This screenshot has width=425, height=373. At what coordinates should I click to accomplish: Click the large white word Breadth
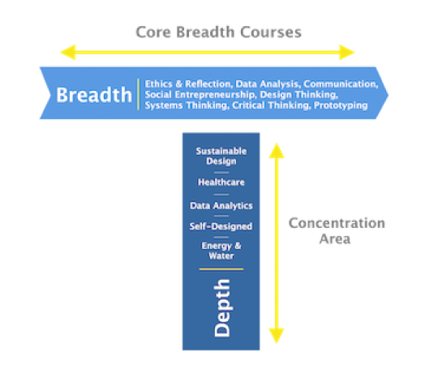coord(94,95)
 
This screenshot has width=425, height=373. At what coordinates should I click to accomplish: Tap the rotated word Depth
coord(222,308)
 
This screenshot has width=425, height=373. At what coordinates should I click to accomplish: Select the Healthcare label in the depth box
coord(221,182)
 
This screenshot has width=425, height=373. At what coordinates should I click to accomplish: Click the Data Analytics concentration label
coord(221,206)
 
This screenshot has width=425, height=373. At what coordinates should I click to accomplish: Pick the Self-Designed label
coord(221,226)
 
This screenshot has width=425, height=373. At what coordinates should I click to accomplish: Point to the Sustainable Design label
coord(221,156)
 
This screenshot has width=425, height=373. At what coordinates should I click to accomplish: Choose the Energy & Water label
coord(221,251)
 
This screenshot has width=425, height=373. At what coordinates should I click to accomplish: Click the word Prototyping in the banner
coord(341,105)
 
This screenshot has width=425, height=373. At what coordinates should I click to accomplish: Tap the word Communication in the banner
coord(341,84)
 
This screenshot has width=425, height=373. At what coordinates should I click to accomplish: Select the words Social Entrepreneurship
coord(200,95)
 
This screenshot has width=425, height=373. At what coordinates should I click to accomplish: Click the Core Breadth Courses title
coord(218,32)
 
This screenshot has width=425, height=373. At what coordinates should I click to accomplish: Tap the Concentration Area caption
coord(337,231)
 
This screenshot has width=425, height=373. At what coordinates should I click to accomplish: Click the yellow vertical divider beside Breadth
coord(138,94)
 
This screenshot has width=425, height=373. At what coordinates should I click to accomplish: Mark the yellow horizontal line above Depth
coord(221,269)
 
